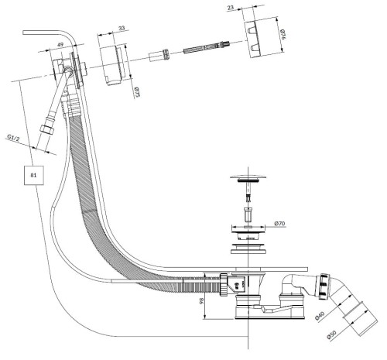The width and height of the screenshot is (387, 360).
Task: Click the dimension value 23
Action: (231, 8)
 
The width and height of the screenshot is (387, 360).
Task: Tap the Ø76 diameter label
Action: (283, 35)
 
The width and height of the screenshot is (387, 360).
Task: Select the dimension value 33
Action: (122, 28)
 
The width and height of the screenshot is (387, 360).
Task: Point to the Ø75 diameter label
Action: (137, 92)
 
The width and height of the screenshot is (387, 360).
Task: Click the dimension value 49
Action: (60, 44)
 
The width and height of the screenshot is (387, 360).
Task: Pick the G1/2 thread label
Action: (13, 139)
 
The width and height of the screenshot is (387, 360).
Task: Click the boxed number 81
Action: (34, 175)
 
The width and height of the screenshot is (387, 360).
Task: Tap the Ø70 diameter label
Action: (280, 224)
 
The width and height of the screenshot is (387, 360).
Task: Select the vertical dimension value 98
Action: (202, 300)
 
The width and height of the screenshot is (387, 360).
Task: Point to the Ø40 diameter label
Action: (320, 316)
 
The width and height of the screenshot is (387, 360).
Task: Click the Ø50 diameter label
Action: (331, 334)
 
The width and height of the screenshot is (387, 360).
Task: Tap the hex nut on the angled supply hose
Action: (47, 129)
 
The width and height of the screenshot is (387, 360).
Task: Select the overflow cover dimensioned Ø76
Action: (254, 39)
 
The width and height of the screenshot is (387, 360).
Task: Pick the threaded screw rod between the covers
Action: (207, 46)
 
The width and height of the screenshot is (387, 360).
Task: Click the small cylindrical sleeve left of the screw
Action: (159, 55)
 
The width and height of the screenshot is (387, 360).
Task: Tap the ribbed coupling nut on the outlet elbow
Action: (323, 286)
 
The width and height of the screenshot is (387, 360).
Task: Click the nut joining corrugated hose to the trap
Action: (224, 285)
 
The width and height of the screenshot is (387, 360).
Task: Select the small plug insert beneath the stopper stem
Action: (248, 214)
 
